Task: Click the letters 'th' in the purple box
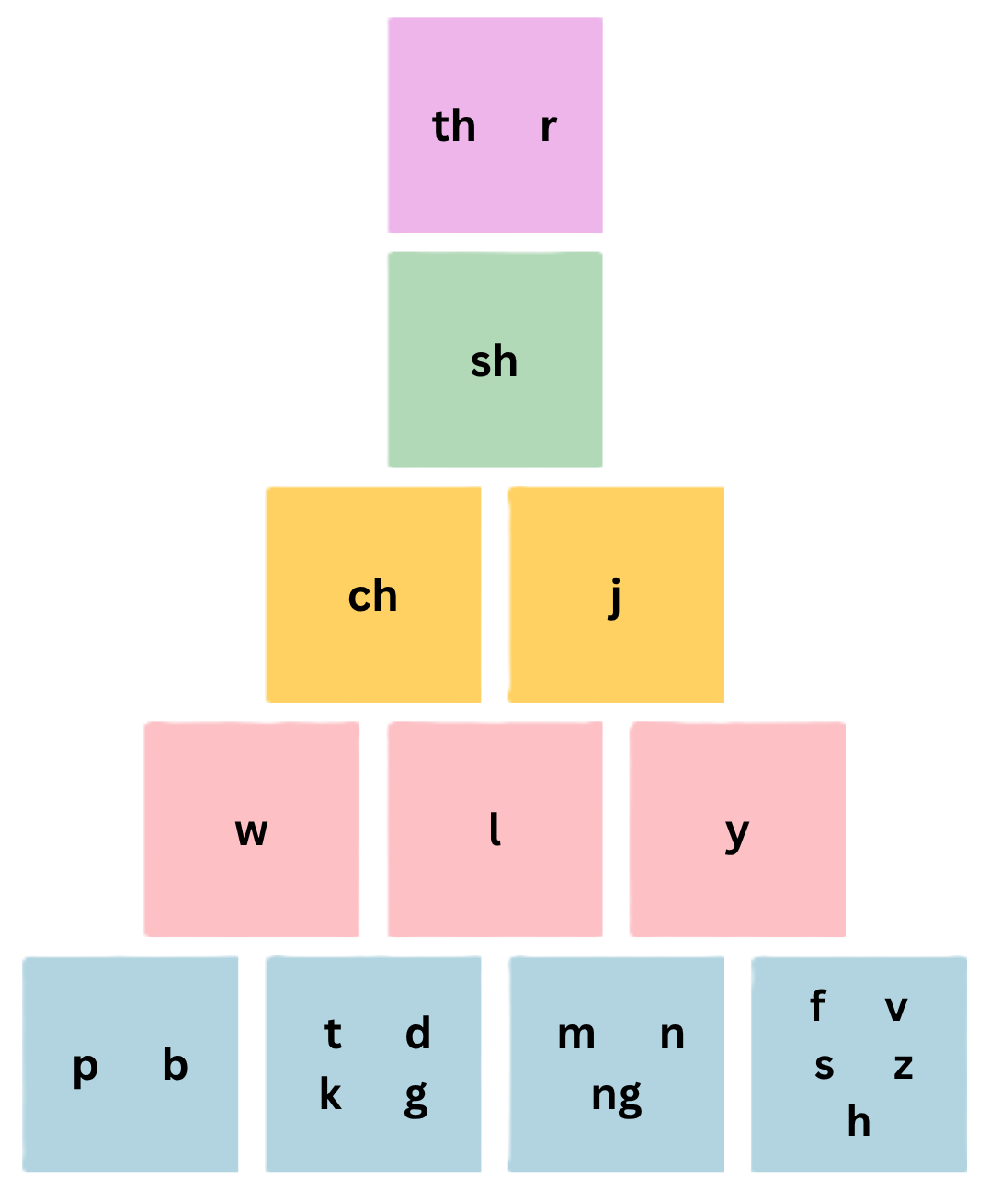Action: click(x=454, y=126)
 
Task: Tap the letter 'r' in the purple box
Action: click(x=548, y=127)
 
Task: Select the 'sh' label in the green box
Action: click(x=494, y=361)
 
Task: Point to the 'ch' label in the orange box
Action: click(x=372, y=597)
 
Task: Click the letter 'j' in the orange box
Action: click(x=615, y=598)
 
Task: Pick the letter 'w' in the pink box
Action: click(x=251, y=832)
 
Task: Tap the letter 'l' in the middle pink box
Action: click(x=495, y=830)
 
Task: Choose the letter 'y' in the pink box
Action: click(x=737, y=834)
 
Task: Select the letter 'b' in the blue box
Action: click(x=175, y=1065)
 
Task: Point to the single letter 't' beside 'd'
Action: click(x=333, y=1035)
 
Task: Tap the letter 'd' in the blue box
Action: click(x=417, y=1034)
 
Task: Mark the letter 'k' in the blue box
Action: click(x=330, y=1094)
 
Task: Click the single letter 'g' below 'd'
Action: click(x=416, y=1097)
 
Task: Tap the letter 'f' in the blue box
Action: click(x=817, y=1006)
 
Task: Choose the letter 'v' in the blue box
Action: click(x=896, y=1009)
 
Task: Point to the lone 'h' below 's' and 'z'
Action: click(x=859, y=1122)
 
